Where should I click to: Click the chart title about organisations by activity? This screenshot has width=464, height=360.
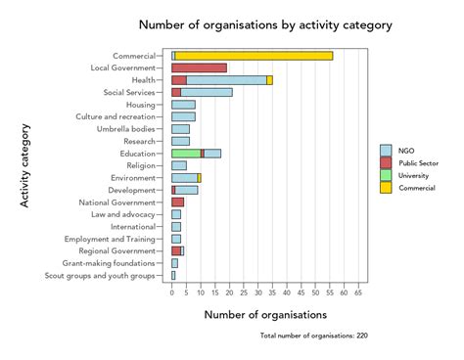coord(265,24)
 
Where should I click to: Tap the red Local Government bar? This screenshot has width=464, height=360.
coord(199,68)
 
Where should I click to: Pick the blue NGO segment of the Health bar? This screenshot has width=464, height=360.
coord(226,80)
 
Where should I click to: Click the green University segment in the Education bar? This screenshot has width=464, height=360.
coord(185,154)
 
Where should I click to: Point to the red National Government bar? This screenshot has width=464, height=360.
coord(177,202)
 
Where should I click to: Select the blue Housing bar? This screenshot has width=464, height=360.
coord(183,105)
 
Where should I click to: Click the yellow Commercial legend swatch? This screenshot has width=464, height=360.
coord(386,187)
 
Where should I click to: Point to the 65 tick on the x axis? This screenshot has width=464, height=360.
coord(359,292)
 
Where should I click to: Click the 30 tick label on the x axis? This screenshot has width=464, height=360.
coord(258,292)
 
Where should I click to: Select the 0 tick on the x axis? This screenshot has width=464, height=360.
coord(172,292)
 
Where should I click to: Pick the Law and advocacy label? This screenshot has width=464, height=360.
coord(122,214)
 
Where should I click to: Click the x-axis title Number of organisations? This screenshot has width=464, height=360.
coord(265,315)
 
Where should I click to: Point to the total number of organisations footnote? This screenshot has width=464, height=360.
coord(313,336)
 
